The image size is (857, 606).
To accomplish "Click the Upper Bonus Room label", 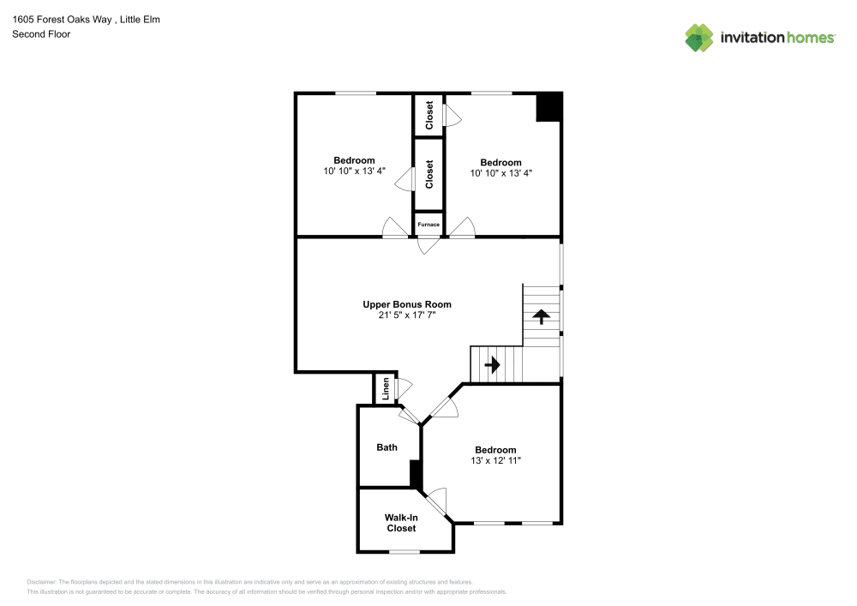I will click(x=406, y=304).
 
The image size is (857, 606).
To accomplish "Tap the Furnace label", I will click(x=428, y=225).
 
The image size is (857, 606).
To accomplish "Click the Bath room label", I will click(x=387, y=447).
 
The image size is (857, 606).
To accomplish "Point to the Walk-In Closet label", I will click(x=401, y=523).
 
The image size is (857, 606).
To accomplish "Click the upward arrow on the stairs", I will click(x=542, y=315).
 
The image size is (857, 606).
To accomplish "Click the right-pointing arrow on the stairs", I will click(x=492, y=364).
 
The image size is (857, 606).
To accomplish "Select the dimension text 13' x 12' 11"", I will click(x=495, y=461).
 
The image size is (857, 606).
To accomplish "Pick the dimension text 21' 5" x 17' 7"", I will click(x=406, y=315).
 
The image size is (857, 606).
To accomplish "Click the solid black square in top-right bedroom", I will click(x=548, y=107).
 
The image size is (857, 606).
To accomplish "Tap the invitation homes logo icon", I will click(x=698, y=37).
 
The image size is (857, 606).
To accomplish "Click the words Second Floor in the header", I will click(x=41, y=34).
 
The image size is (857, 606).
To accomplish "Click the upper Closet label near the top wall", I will click(x=428, y=116).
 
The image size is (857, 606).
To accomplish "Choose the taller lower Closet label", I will click(x=428, y=174).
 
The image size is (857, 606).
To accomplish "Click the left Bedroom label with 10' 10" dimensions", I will click(x=354, y=160).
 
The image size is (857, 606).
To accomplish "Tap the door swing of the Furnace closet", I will click(x=428, y=245).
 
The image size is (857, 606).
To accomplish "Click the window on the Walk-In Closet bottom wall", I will click(x=404, y=551).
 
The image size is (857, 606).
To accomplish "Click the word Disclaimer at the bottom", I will click(x=42, y=581).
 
